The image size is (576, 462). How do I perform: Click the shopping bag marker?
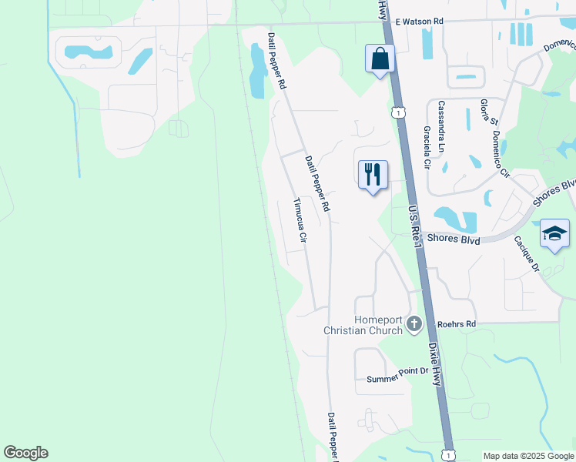tap(380, 59)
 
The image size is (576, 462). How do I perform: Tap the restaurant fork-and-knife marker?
tap(373, 175)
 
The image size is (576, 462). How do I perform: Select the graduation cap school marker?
tap(554, 233)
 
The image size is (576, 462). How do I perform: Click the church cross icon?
tap(414, 324)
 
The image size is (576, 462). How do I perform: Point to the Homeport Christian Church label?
tap(363, 325)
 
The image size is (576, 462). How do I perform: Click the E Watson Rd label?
tap(420, 22)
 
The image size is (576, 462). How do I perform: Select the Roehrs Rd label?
tap(456, 324)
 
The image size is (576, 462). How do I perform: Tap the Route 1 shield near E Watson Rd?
tap(397, 113)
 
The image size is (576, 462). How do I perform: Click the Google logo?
tap(25, 453)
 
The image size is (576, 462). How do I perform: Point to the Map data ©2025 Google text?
tap(528, 456)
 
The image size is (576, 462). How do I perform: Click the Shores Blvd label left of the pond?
tap(454, 240)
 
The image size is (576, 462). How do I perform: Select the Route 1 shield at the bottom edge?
tap(449, 455)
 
